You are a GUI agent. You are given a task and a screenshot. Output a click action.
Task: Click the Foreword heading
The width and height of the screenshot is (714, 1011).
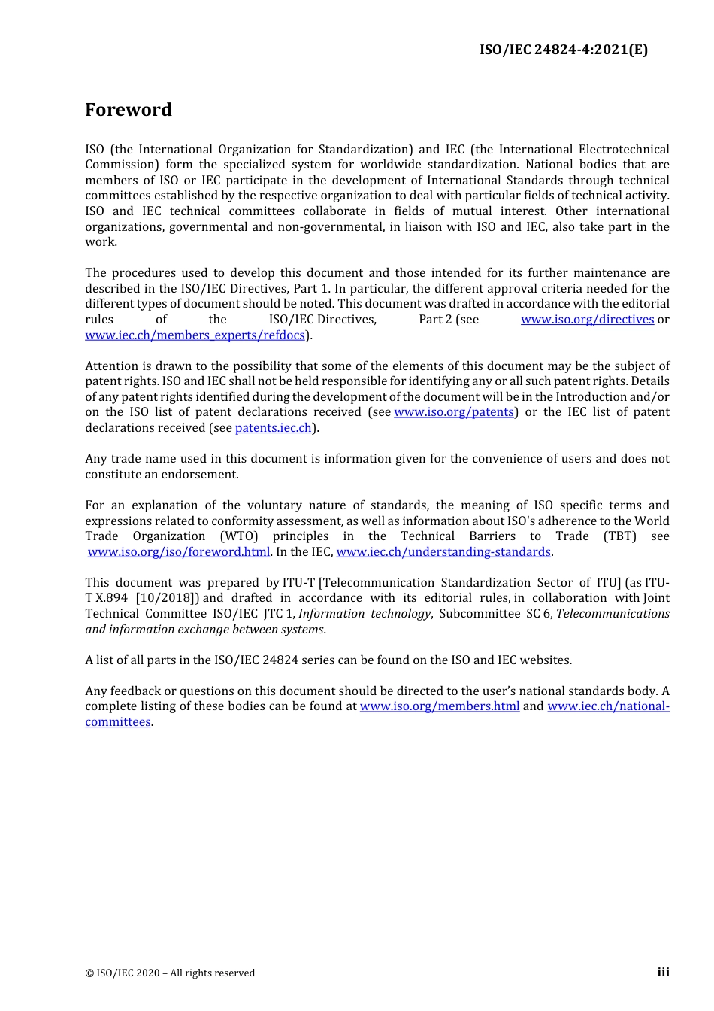click(x=128, y=110)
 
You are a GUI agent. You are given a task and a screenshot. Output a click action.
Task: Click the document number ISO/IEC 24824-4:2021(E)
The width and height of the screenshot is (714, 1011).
click(x=563, y=50)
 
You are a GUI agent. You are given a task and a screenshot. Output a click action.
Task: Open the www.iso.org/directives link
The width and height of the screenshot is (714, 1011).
click(x=587, y=320)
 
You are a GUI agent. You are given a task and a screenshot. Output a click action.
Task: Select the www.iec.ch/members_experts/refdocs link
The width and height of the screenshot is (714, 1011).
click(x=195, y=335)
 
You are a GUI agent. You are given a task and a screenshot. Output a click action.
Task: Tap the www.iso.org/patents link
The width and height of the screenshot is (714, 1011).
click(x=453, y=412)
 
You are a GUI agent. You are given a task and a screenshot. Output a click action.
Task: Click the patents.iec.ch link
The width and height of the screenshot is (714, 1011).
click(x=273, y=428)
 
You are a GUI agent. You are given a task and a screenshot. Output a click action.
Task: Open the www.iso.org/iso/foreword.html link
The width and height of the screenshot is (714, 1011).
click(x=178, y=552)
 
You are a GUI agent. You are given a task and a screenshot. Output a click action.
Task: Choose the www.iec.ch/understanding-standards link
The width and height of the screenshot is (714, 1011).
click(x=443, y=552)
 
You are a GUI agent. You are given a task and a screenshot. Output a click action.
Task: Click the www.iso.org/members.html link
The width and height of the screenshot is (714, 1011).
click(x=439, y=706)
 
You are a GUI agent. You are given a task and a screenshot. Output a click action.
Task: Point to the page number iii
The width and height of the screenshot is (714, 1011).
click(x=663, y=973)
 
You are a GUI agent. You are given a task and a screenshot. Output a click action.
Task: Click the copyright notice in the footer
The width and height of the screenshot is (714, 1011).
click(x=170, y=973)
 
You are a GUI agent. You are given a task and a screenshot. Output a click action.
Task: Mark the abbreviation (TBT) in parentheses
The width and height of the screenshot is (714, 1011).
click(x=619, y=536)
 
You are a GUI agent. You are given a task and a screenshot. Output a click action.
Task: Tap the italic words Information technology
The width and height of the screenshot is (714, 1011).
click(x=365, y=614)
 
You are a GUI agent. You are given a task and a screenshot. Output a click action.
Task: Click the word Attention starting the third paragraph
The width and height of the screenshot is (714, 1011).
click(x=112, y=366)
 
